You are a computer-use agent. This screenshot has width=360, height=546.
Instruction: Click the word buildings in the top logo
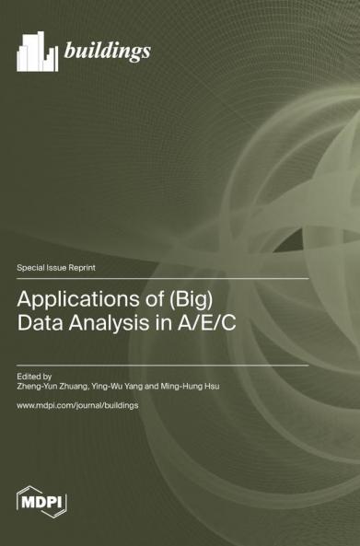click(x=107, y=51)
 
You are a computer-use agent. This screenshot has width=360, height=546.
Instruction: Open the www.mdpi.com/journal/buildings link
click(x=77, y=405)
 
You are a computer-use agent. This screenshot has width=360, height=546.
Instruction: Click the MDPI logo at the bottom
click(x=42, y=501)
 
